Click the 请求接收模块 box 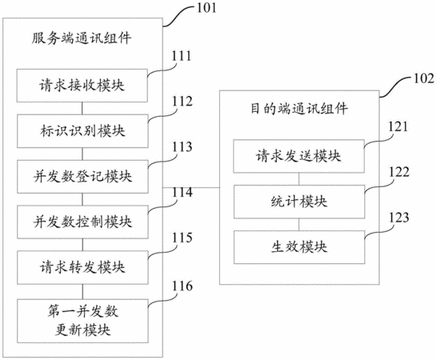(82, 86)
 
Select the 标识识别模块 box (82, 131)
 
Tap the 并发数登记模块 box (82, 176)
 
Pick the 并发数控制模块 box (82, 222)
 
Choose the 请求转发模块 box (82, 267)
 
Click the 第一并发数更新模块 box (82, 321)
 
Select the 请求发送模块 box (299, 156)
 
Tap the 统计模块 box (299, 202)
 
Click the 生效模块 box (299, 247)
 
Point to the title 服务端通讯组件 (82, 38)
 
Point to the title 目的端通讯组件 (299, 108)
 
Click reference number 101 (206, 7)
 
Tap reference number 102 (423, 78)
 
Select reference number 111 (182, 56)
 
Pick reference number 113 (182, 147)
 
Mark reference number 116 (182, 286)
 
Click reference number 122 (399, 172)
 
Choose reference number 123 (399, 218)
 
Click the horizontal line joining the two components (191, 187)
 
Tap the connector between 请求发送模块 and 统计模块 (299, 179)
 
